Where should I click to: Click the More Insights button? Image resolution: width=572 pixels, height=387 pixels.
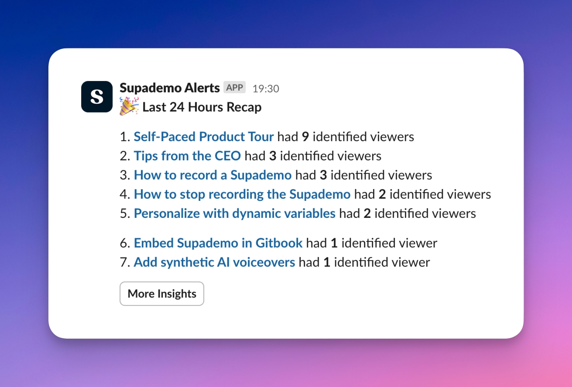point(161,294)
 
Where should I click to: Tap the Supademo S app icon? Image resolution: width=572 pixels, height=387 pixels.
point(97,97)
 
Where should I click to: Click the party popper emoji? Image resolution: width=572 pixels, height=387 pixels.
point(129,106)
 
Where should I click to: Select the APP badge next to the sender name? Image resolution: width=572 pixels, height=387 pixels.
point(234,88)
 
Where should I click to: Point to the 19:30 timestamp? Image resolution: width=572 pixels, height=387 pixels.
point(266,89)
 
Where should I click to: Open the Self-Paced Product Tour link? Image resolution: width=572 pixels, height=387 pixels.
point(204,137)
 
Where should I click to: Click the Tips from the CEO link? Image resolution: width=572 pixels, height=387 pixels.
point(187,156)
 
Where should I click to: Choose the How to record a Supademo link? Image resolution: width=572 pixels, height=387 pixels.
point(213,175)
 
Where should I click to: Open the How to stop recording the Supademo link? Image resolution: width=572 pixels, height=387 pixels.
point(242,194)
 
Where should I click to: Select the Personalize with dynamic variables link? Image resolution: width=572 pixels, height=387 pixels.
point(235,214)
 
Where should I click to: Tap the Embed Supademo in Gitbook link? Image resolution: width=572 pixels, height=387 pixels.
point(218,243)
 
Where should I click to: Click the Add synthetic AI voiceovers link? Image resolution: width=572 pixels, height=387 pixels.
point(215,262)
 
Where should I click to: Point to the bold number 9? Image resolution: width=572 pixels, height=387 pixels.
point(305,137)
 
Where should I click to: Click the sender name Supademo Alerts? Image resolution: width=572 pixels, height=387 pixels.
point(170,88)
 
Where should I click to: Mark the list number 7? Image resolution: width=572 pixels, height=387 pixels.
point(125,262)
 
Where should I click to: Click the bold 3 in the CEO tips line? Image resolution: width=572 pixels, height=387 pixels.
point(273,156)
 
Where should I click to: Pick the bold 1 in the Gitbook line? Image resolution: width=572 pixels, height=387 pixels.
point(334,243)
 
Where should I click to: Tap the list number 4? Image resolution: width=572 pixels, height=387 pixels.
point(125,194)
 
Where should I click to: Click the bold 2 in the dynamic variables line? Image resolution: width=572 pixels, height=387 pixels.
point(367,214)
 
